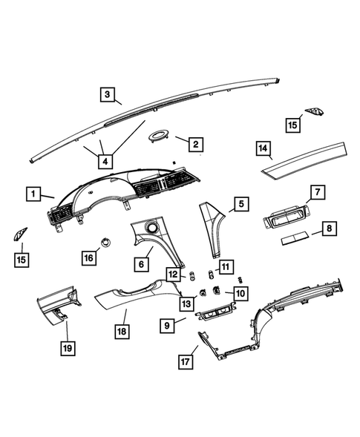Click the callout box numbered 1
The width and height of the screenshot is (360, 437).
[33, 194]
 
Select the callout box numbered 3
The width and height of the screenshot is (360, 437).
[108, 94]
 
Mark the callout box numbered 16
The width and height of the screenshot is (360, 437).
[89, 257]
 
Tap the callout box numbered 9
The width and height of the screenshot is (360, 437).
[170, 325]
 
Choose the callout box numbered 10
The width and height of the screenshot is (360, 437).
[240, 294]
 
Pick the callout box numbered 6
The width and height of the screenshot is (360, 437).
[139, 263]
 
